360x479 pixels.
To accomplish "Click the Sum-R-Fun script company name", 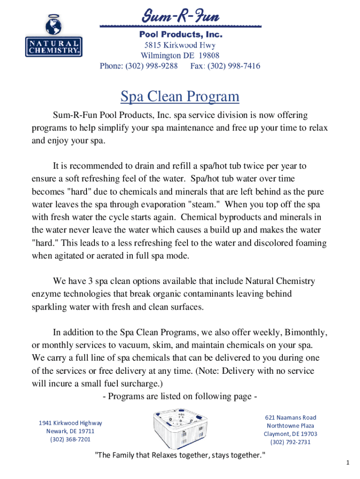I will (x=180, y=18).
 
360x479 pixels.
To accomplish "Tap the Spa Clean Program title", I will (x=180, y=96).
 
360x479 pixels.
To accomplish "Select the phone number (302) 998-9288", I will (x=138, y=66).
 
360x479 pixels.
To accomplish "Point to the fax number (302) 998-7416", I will (x=225, y=66).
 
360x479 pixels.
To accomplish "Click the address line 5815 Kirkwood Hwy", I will (x=180, y=45).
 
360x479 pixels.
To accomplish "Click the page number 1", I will (x=348, y=463).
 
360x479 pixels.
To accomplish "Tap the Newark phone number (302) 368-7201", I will (x=70, y=439).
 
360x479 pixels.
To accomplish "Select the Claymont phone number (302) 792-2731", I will (x=291, y=442).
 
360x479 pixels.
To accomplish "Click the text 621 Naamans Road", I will (x=291, y=417).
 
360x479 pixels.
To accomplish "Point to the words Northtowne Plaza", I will (x=291, y=426).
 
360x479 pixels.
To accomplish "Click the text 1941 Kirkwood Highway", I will (x=70, y=423).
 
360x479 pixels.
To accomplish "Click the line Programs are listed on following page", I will (x=180, y=397).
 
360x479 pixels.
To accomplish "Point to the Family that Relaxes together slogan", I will (x=180, y=455).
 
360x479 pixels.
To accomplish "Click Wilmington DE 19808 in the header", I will (x=180, y=56).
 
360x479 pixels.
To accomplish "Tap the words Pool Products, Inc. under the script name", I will (x=180, y=35).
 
